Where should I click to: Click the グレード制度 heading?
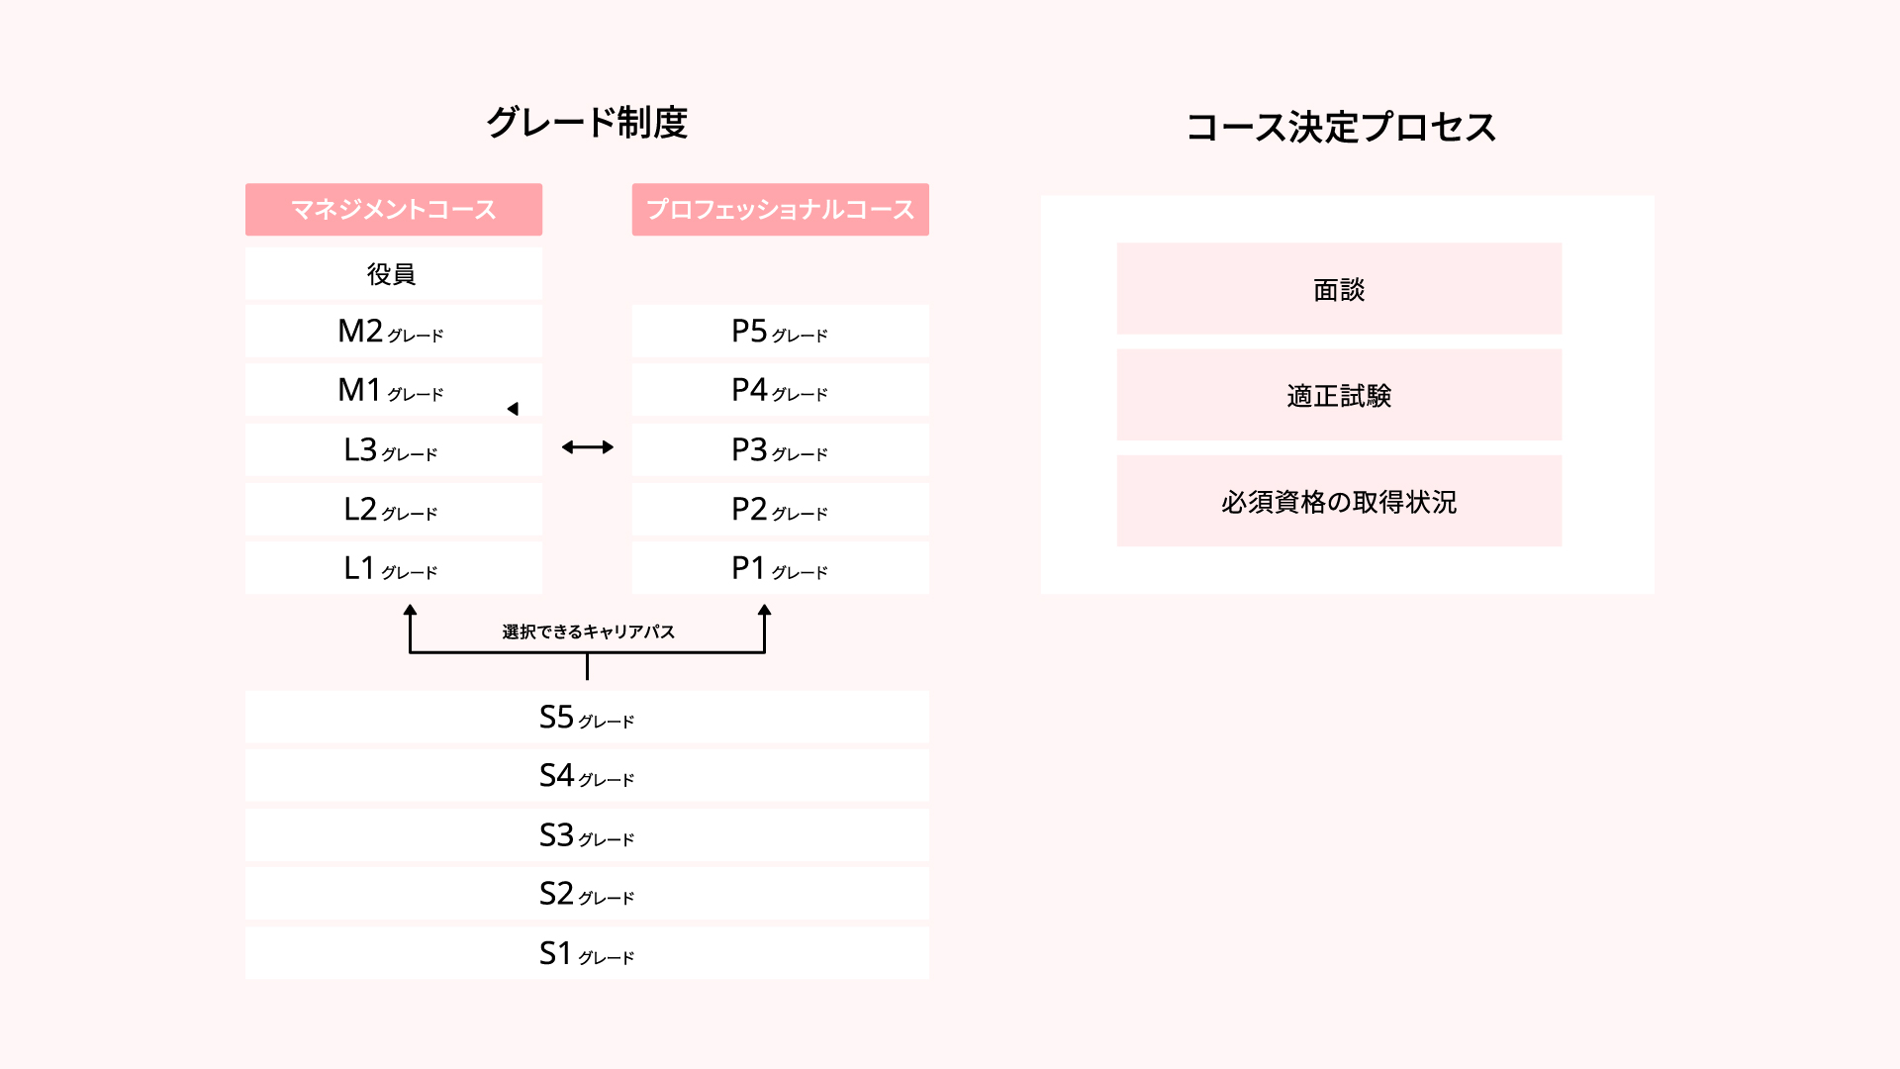point(587,123)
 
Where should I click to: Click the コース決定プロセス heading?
point(1341,127)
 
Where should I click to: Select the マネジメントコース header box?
point(394,209)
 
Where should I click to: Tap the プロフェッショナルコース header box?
point(780,209)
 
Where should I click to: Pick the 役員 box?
point(394,273)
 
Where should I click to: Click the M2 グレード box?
point(394,331)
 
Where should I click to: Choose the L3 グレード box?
point(394,449)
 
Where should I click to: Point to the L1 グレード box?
point(394,567)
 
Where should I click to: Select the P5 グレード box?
point(780,331)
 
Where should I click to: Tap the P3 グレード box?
point(780,449)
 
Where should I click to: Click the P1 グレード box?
point(780,567)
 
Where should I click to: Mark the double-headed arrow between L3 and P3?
point(588,447)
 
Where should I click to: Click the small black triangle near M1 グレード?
point(513,409)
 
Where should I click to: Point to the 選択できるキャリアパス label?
point(588,632)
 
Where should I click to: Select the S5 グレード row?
point(587,717)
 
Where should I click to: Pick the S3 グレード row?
point(587,834)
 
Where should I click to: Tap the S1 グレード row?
point(587,953)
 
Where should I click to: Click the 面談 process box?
point(1339,289)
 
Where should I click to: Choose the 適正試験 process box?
point(1339,395)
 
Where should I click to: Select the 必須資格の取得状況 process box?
point(1339,501)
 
